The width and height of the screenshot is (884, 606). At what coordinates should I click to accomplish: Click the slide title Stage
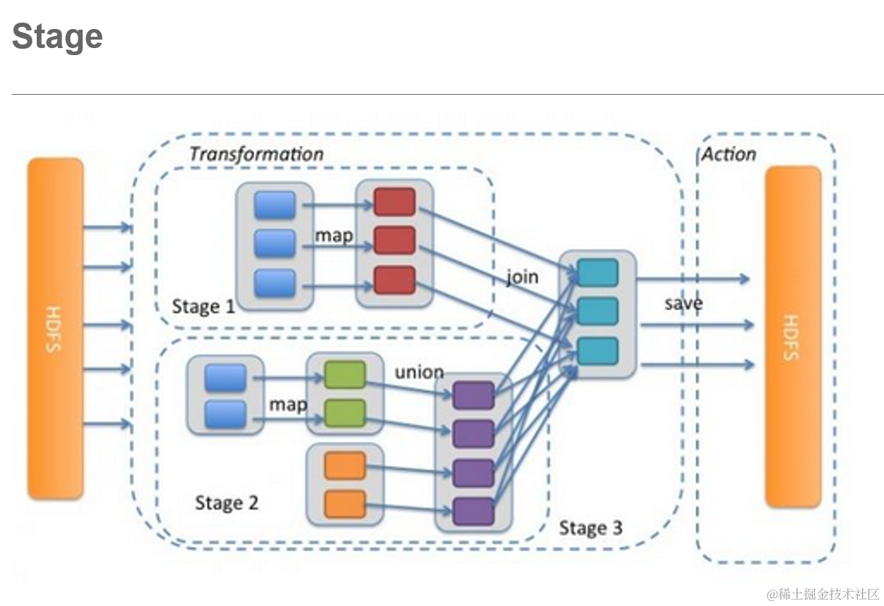pyautogui.click(x=58, y=36)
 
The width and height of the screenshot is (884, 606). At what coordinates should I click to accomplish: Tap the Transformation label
pyautogui.click(x=257, y=154)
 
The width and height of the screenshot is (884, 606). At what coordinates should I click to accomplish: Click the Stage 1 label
pyautogui.click(x=204, y=306)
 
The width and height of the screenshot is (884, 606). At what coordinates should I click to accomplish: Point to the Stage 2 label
pyautogui.click(x=227, y=503)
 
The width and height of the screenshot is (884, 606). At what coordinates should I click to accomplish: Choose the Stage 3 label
pyautogui.click(x=591, y=528)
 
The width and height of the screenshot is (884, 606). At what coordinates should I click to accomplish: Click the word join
pyautogui.click(x=522, y=276)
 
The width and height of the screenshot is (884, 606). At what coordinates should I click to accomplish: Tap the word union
pyautogui.click(x=420, y=372)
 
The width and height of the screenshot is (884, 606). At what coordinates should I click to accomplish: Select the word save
pyautogui.click(x=683, y=303)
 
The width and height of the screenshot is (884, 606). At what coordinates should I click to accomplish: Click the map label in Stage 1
pyautogui.click(x=334, y=236)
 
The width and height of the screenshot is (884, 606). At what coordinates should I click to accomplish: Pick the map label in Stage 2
pyautogui.click(x=288, y=405)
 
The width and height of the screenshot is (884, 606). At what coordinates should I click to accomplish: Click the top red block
pyautogui.click(x=394, y=202)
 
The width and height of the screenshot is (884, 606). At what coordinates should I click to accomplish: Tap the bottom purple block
pyautogui.click(x=473, y=511)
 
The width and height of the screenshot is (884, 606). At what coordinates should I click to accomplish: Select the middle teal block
pyautogui.click(x=598, y=311)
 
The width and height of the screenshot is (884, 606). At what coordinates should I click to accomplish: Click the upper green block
pyautogui.click(x=345, y=374)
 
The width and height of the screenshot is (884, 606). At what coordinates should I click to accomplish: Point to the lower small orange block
pyautogui.click(x=345, y=504)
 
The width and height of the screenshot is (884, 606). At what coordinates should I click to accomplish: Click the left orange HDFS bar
pyautogui.click(x=55, y=329)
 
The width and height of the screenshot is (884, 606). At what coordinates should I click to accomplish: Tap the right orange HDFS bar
pyautogui.click(x=794, y=337)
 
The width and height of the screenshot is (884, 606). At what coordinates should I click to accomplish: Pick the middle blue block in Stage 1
pyautogui.click(x=275, y=243)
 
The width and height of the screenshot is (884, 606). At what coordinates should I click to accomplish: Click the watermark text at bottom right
pyautogui.click(x=823, y=594)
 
